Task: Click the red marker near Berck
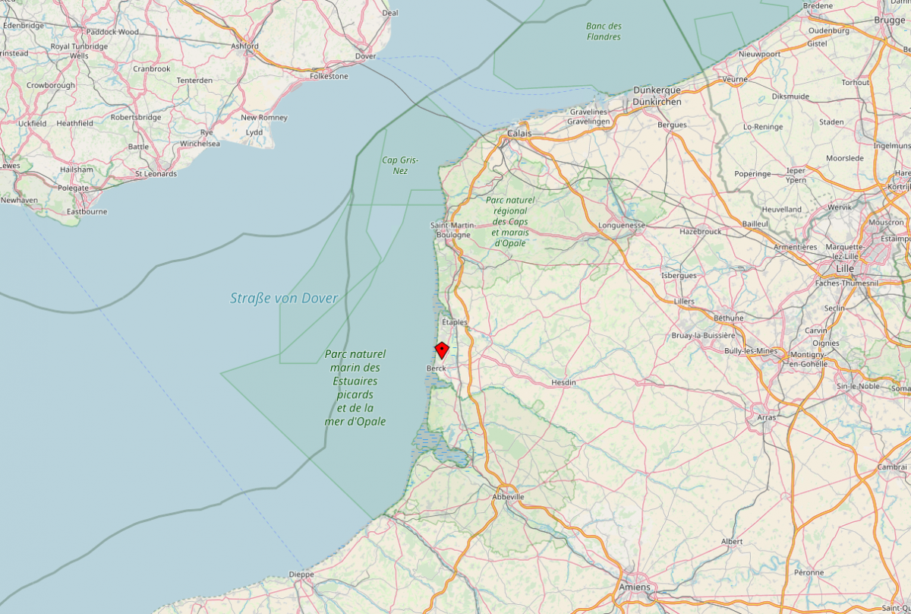(x=441, y=350)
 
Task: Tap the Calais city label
(x=519, y=133)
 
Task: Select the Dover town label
(x=366, y=56)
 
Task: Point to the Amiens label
(x=635, y=587)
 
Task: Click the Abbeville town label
(x=508, y=496)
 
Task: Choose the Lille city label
(x=844, y=269)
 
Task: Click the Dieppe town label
(x=301, y=574)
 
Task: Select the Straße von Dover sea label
(x=284, y=298)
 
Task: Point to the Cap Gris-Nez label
(x=400, y=165)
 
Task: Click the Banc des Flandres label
(x=604, y=31)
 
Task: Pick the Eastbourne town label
(x=87, y=211)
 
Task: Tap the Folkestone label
(x=329, y=76)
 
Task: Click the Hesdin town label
(x=563, y=382)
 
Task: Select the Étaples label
(x=454, y=322)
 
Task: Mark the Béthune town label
(x=729, y=317)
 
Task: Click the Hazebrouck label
(x=700, y=231)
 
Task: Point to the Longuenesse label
(x=622, y=225)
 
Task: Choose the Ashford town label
(x=245, y=46)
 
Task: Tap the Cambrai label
(x=892, y=467)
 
